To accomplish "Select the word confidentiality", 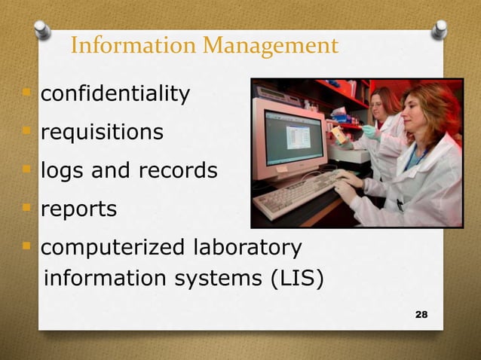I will click(x=115, y=95).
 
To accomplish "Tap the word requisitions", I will click(x=101, y=133).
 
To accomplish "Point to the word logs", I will click(x=61, y=172).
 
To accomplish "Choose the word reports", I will click(x=78, y=209).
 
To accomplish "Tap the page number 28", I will click(x=421, y=313).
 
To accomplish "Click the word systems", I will click(x=219, y=279).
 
